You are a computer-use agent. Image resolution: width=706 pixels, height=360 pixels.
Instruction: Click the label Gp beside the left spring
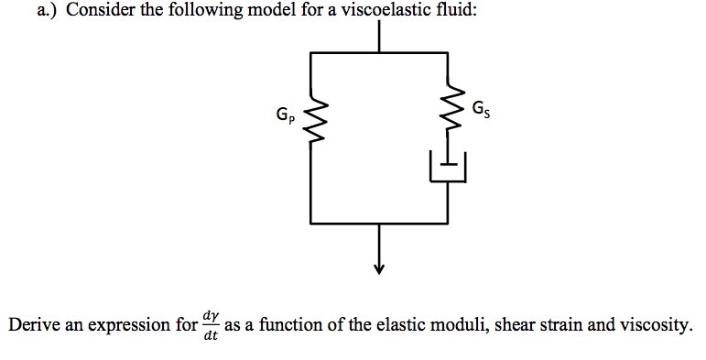point(285,117)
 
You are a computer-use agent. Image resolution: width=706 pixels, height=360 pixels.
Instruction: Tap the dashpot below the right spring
point(449,167)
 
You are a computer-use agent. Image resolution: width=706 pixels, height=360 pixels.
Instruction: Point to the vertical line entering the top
point(379,35)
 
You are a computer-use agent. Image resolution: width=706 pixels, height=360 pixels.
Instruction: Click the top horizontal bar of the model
point(379,52)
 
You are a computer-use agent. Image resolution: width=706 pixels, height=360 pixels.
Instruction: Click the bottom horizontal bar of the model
point(379,223)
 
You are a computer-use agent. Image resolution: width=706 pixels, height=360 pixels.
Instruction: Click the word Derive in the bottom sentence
point(34,325)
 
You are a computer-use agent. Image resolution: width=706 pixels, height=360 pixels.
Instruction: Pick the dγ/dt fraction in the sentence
point(210,325)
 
